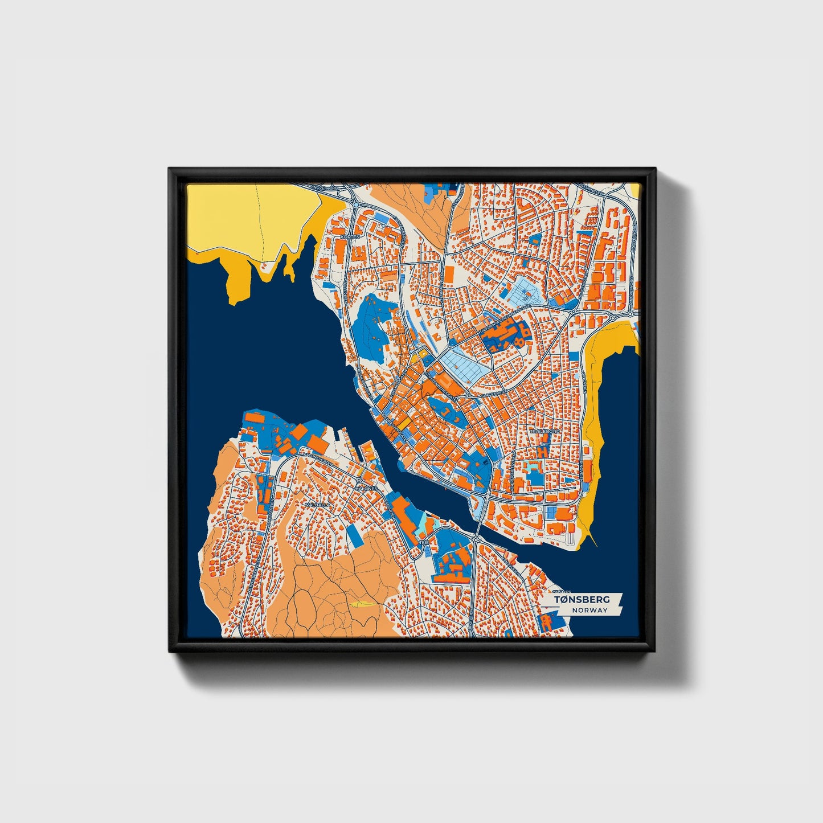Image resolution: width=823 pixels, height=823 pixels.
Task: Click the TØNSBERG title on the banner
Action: [582, 599]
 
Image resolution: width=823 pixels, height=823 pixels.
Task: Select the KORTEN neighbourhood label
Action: [350, 236]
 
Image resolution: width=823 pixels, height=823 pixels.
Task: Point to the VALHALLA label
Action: [318, 505]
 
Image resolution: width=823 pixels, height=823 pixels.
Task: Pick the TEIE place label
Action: [424, 543]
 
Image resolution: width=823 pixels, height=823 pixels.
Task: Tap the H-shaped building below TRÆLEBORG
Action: [541, 450]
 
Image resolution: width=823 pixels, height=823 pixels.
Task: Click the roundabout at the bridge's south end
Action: [476, 538]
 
